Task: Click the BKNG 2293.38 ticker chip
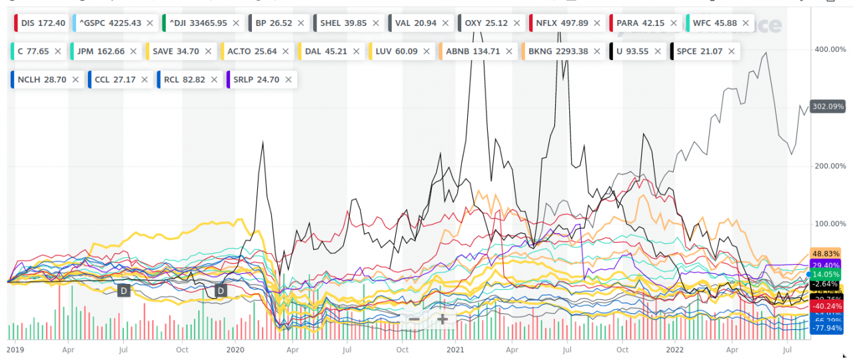click(560, 51)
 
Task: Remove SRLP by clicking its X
click(289, 79)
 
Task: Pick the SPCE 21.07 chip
click(698, 51)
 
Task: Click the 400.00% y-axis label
click(828, 50)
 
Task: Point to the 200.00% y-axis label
click(828, 166)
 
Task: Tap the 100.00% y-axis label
click(828, 224)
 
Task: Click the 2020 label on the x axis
click(237, 349)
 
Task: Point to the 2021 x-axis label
click(455, 349)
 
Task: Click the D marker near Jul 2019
click(123, 291)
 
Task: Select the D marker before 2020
click(221, 291)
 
